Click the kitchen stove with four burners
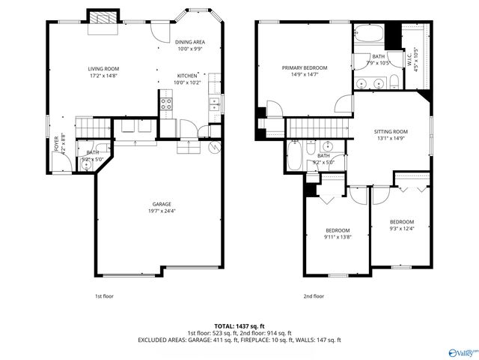166,103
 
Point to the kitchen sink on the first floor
214,103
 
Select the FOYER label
55,142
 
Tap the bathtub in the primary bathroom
368,34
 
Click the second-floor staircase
320,127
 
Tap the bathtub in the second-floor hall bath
293,156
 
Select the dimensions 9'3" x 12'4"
402,228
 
